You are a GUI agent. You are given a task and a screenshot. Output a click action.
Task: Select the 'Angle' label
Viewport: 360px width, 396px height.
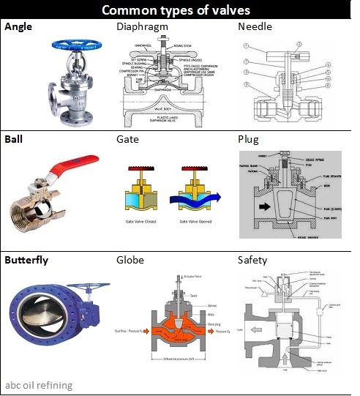pyautogui.click(x=19, y=27)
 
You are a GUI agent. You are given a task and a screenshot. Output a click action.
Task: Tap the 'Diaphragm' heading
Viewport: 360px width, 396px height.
pyautogui.click(x=142, y=27)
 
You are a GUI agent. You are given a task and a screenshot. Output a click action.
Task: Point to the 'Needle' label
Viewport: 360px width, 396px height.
pyautogui.click(x=255, y=27)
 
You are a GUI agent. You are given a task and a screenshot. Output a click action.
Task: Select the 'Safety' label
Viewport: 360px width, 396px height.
pyautogui.click(x=252, y=259)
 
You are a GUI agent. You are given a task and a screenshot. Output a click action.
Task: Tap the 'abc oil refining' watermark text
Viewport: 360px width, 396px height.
pyautogui.click(x=40, y=385)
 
